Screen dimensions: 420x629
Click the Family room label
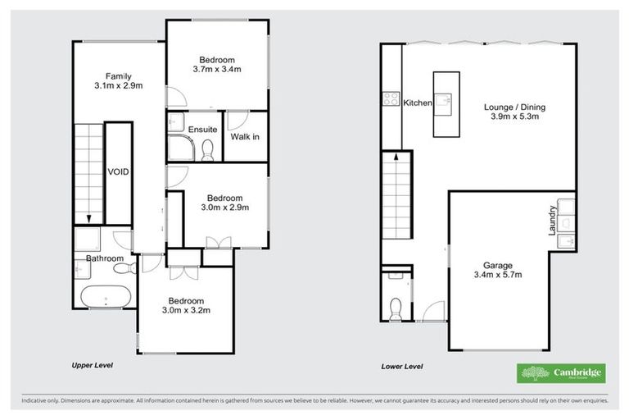[118, 76]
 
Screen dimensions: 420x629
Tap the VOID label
[119, 171]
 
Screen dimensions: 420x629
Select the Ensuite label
[202, 130]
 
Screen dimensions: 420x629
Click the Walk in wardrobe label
[245, 136]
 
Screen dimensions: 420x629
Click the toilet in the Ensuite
[208, 148]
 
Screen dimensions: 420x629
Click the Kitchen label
[417, 103]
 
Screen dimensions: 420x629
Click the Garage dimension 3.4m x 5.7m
[497, 276]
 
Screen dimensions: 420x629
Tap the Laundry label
[553, 221]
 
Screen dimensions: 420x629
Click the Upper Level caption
[91, 364]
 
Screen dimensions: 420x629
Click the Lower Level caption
[401, 366]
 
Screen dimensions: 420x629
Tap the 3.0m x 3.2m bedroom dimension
[185, 311]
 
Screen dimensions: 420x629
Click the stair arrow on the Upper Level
[88, 215]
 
